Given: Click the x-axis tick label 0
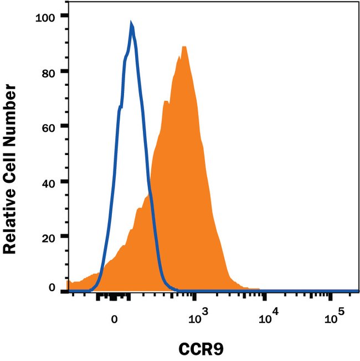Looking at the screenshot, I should (x=115, y=319).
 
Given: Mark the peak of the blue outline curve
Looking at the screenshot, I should (x=131, y=23).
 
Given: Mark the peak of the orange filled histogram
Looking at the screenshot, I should (x=183, y=47).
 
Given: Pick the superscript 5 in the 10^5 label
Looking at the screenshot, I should (x=341, y=312).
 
